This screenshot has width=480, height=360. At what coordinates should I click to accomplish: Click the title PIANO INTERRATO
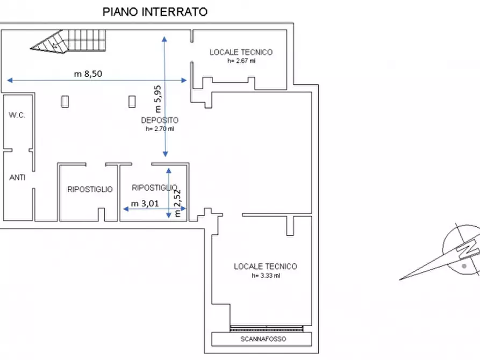pos(155,12)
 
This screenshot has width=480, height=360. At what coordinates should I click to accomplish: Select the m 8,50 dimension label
pos(88,74)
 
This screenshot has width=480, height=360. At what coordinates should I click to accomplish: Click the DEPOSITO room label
pos(160,120)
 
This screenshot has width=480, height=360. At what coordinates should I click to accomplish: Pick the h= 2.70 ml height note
pos(160,129)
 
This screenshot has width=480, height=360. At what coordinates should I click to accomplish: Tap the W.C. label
pos(17,116)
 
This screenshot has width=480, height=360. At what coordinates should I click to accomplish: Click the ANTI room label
pos(17,177)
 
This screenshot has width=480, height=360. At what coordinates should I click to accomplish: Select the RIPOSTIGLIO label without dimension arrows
pos(90,189)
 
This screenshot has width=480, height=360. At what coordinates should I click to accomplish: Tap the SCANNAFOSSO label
pos(262,339)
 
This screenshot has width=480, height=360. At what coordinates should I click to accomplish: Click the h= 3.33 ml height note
pos(266,276)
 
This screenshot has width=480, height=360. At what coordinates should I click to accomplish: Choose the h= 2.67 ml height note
pos(241,61)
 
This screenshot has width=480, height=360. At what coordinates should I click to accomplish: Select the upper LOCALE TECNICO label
pos(241,52)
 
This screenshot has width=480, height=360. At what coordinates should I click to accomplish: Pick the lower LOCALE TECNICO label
pos(266,267)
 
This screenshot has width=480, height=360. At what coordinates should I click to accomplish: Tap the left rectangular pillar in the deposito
pos(65,101)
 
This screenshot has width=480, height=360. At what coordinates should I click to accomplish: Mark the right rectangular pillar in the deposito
pos(132,101)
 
